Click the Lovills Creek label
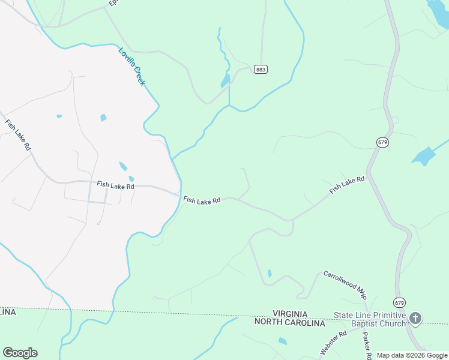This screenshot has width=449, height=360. pos(131,67)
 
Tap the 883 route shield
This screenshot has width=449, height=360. pos(261,70)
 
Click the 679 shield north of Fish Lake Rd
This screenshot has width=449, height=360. pos(383,142)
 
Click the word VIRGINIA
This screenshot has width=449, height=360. pos(290,314)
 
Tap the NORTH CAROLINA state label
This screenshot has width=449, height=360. pos(290,323)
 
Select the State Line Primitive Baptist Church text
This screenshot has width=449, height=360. pos(370,319)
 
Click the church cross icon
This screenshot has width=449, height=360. pos(415,318)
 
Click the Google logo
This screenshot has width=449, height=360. pos(20,352)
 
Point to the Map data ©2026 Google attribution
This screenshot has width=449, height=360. pos(412,355)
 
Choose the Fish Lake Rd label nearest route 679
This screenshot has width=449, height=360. pos(347,185)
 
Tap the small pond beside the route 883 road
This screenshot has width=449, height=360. pos(226,81)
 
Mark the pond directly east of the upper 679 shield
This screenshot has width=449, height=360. pos(424,157)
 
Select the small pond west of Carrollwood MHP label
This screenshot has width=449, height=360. pos(270,274)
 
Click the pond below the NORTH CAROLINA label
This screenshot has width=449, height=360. pos(283,341)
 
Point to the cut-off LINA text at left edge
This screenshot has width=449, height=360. pos(8,313)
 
